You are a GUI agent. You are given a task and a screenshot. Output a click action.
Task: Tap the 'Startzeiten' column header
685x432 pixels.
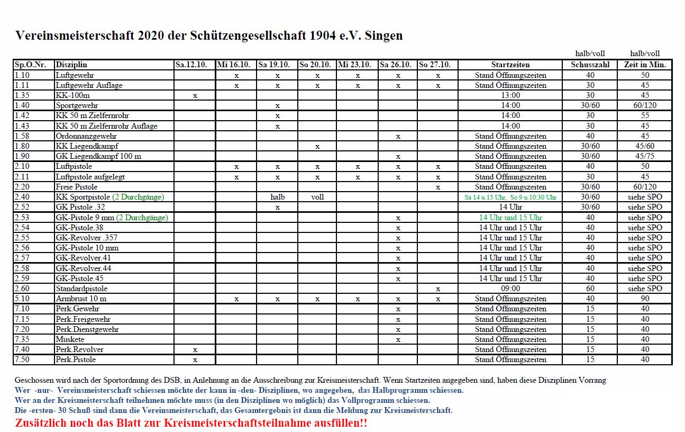click(510, 65)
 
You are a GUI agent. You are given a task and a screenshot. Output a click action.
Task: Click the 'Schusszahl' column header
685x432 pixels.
click(590, 65)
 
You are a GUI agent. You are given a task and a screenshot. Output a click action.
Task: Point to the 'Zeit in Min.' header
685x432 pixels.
click(645, 65)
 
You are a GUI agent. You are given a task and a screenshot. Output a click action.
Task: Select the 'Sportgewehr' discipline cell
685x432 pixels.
click(77, 105)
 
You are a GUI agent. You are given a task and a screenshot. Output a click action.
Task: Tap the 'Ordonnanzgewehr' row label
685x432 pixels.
click(86, 136)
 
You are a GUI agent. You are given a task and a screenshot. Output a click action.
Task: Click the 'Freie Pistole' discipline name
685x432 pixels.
click(77, 187)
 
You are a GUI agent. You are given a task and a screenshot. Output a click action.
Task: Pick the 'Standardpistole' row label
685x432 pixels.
click(81, 289)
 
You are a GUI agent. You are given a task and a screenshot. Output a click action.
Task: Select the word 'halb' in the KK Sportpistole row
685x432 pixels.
click(277, 197)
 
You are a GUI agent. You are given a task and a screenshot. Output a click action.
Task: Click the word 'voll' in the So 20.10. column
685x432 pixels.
click(317, 197)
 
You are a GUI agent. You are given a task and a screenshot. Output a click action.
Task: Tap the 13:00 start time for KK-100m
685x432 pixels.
click(510, 95)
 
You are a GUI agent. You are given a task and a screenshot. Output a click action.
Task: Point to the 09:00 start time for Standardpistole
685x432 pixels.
click(510, 289)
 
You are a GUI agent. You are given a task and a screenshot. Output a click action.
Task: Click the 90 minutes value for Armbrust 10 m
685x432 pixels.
click(645, 299)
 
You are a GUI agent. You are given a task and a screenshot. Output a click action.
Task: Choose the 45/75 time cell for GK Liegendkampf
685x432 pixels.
click(645, 156)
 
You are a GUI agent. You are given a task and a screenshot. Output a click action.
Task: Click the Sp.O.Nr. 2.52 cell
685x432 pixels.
click(22, 207)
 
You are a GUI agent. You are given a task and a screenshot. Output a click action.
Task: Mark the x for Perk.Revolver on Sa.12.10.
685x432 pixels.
click(195, 349)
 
